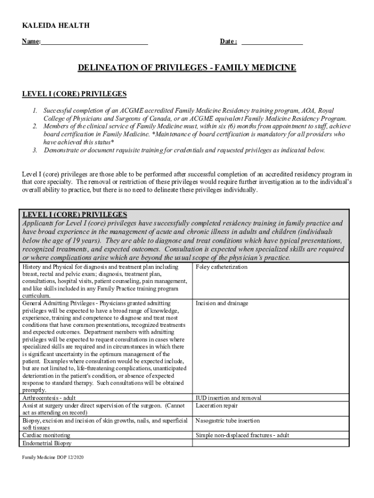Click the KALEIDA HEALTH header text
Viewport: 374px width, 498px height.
tap(56, 25)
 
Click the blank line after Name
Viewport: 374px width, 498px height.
tap(95, 42)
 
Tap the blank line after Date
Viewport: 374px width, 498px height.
tap(272, 42)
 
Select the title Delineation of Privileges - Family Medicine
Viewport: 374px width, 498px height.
tap(187, 68)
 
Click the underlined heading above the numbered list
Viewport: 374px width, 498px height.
tap(74, 94)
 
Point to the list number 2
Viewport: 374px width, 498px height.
tap(35, 126)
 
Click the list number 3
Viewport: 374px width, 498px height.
tap(35, 150)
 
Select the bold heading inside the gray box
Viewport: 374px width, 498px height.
tap(75, 214)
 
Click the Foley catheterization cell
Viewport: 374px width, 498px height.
tap(221, 267)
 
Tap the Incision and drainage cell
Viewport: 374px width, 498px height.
tap(221, 303)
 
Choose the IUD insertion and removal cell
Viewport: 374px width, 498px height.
tap(228, 398)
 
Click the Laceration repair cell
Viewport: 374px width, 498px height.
tap(217, 406)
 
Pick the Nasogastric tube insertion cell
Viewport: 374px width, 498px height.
tap(227, 421)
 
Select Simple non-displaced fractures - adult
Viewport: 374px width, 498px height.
tap(242, 435)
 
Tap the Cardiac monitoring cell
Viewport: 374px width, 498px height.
tap(46, 435)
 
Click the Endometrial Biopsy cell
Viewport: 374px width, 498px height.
tap(46, 443)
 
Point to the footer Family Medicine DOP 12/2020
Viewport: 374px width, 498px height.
tap(53, 458)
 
